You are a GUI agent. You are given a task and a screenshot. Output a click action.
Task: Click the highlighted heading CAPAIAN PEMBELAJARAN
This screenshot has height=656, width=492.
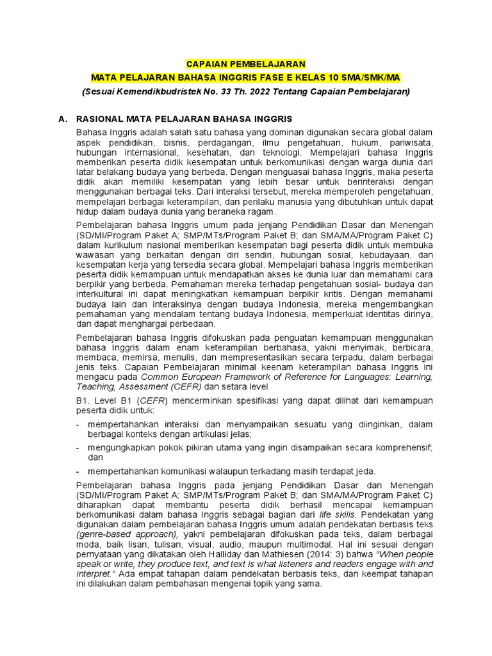(246, 64)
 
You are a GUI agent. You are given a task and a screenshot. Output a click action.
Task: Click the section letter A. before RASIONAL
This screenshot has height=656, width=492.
(63, 119)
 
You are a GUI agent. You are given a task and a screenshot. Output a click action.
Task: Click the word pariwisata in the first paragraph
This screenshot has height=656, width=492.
(411, 141)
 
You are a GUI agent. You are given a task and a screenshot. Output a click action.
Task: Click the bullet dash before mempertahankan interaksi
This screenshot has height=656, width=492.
(78, 423)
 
